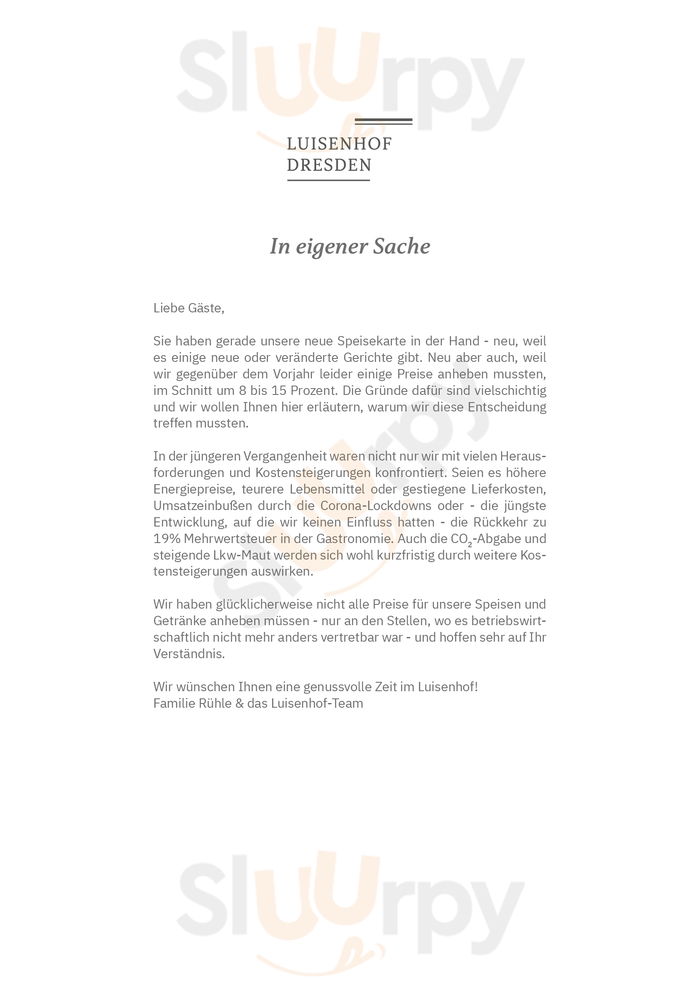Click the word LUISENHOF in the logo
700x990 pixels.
point(339,144)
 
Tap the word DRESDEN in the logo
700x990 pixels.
point(329,165)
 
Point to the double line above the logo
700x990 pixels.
point(383,121)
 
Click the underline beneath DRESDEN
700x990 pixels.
point(328,180)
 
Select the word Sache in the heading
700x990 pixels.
point(401,246)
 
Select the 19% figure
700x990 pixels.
point(167,538)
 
